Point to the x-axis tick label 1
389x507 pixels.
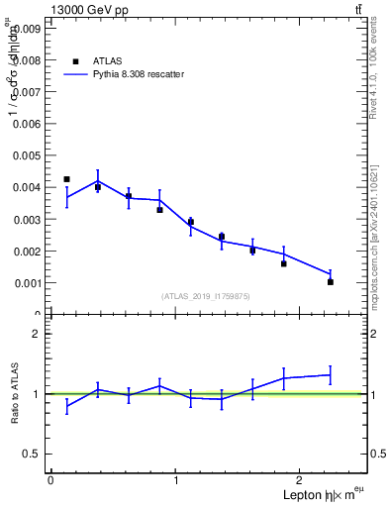tap(176, 480)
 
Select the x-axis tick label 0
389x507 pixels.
tap(50, 480)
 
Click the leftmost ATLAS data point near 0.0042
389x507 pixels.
tap(66, 179)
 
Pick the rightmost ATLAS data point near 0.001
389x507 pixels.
tap(331, 281)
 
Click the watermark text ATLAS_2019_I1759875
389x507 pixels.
tap(206, 296)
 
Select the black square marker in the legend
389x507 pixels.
tap(75, 60)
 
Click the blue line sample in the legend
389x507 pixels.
tap(75, 74)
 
